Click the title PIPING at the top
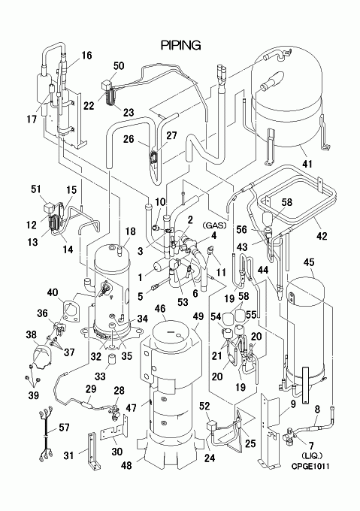click(181, 45)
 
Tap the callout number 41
click(307, 163)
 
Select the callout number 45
click(309, 262)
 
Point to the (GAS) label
click(214, 225)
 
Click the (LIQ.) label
click(312, 455)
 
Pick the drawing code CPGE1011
click(310, 466)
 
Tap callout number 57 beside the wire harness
click(64, 427)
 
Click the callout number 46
click(160, 308)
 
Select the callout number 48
click(126, 465)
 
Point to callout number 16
click(86, 56)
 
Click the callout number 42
click(322, 236)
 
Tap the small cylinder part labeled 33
click(113, 360)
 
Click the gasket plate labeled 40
click(70, 311)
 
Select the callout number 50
click(119, 65)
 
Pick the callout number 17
click(32, 119)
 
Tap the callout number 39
click(33, 395)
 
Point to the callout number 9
click(293, 404)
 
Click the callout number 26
click(129, 139)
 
